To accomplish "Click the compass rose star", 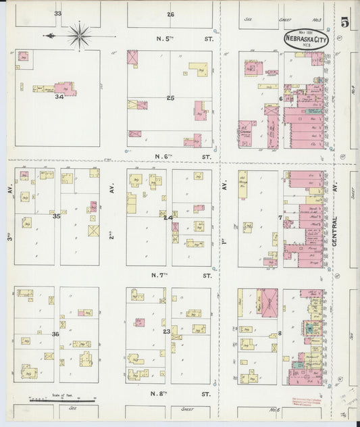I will [80, 34].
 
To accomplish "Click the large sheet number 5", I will [345, 22].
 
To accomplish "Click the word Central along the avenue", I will [335, 231].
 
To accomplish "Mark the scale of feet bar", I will [52, 402].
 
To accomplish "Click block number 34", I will [59, 97].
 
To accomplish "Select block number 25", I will [171, 98].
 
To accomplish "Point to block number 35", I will [57, 216].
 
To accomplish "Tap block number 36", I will [55, 334].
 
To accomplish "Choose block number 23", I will [166, 330].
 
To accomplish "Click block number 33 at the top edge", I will [58, 14].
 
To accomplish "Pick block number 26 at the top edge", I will [170, 14].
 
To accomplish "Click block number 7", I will [280, 218].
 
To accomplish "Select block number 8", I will [280, 334].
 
